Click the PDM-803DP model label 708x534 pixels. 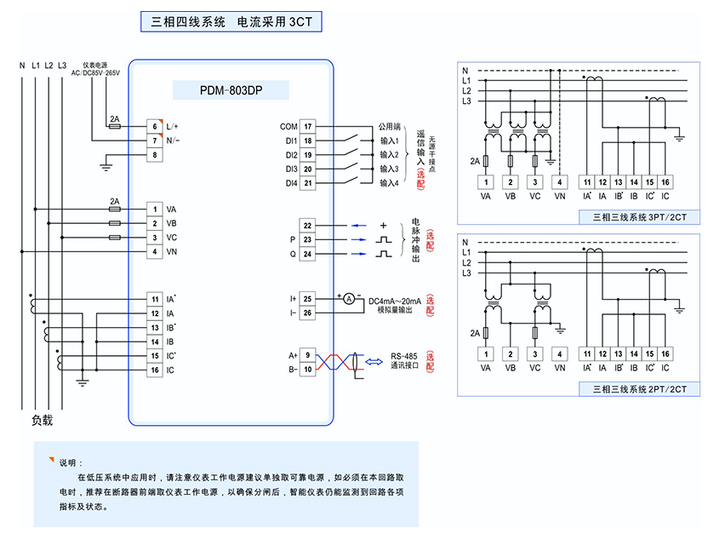(x=231, y=89)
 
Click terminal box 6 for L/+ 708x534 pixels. (x=155, y=126)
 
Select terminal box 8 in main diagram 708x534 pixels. (x=155, y=154)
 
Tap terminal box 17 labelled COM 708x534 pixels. (x=307, y=127)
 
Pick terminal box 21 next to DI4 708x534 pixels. (x=307, y=182)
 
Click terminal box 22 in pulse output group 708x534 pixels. (x=307, y=226)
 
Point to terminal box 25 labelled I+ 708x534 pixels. (x=307, y=298)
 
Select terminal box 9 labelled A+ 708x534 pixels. (x=307, y=354)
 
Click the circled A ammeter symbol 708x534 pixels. (x=348, y=298)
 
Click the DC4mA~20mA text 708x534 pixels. (x=395, y=301)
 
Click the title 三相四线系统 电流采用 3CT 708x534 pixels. (x=231, y=22)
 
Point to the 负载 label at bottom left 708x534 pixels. (x=43, y=420)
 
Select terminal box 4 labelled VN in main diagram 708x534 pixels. (x=155, y=251)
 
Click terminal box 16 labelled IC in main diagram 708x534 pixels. (x=155, y=370)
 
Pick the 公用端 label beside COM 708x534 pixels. (x=390, y=127)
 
